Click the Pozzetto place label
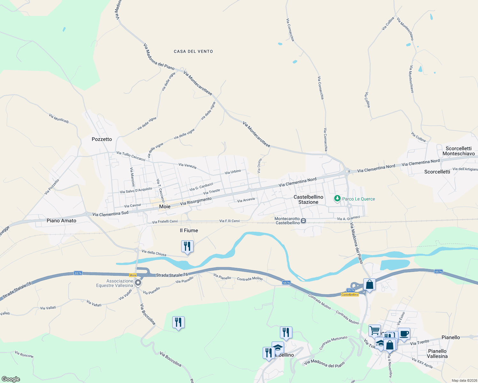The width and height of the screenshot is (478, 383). [x=102, y=139]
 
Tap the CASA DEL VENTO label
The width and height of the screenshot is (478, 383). [x=193, y=51]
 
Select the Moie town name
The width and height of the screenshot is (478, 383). [x=165, y=207]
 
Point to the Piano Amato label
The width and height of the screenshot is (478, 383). [x=61, y=221]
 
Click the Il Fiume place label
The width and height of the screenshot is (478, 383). [x=189, y=230]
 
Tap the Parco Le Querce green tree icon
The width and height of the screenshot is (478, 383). [x=337, y=199]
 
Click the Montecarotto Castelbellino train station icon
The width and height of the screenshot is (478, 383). [x=304, y=221]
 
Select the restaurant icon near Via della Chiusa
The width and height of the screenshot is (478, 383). [x=187, y=246]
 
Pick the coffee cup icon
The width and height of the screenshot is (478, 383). [x=404, y=334]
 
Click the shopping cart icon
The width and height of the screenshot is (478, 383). [x=374, y=330]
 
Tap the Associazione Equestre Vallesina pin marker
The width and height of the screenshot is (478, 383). [x=138, y=283]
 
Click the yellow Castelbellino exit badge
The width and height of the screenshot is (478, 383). [x=350, y=295]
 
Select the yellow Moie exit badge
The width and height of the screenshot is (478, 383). [x=133, y=275]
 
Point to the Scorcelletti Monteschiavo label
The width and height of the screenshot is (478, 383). [x=459, y=151]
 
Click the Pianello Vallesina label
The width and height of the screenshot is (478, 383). [x=437, y=354]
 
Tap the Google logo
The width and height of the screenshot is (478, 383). [x=11, y=379]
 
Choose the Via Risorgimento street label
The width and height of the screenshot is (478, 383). [x=196, y=201]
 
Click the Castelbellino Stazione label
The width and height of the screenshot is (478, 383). [x=308, y=199]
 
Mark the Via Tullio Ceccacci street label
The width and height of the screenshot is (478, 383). [x=131, y=156]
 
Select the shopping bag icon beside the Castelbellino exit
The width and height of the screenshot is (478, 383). [x=369, y=284]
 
